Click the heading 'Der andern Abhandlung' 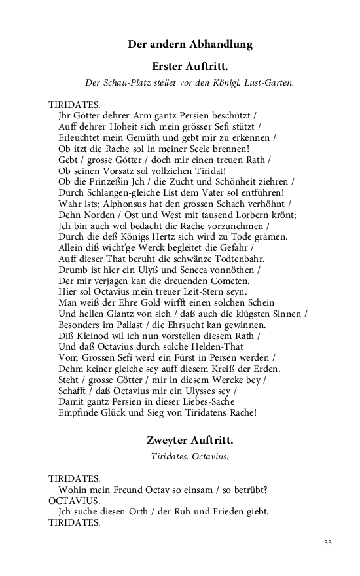190,45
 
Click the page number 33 328,543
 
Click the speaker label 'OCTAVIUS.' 75,501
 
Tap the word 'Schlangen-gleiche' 97,192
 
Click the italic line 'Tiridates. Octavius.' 190,456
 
